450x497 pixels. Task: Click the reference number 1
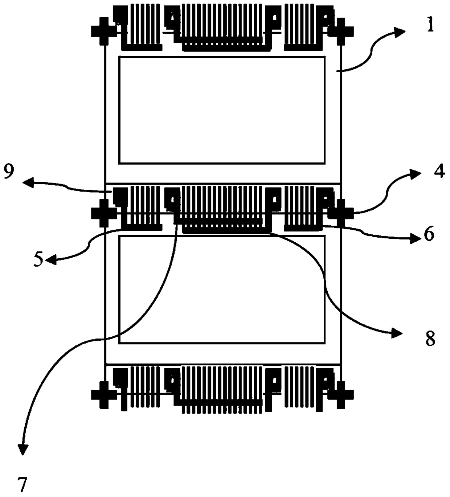pos(430,26)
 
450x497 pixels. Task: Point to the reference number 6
pos(429,235)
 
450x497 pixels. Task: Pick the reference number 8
pos(430,339)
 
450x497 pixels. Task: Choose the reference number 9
pos(10,172)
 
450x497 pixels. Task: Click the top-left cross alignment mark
pos(104,31)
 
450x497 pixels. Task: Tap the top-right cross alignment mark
pos(341,31)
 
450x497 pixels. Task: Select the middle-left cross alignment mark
pos(104,213)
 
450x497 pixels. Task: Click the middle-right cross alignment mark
pos(341,213)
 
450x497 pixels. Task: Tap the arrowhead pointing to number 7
pos(23,450)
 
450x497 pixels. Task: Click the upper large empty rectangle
pos(222,110)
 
